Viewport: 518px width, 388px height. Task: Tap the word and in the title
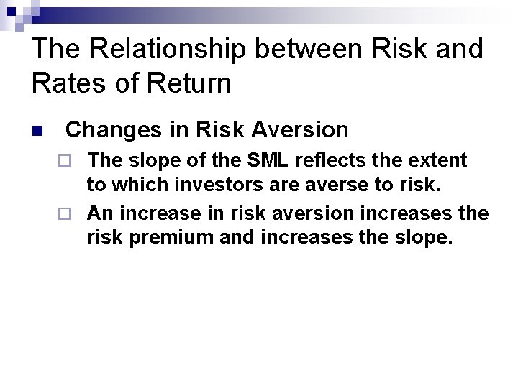click(x=455, y=49)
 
